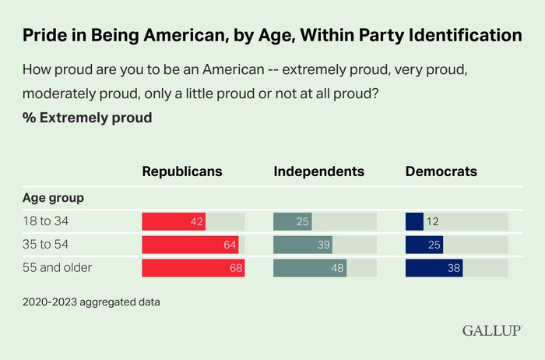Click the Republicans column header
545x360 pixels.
pos(182,171)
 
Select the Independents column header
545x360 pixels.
pos(319,171)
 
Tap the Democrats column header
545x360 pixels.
pos(441,171)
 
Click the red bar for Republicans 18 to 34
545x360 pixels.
pos(174,221)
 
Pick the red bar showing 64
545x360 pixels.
pos(190,245)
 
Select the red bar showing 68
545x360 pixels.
pos(193,269)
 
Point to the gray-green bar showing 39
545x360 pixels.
pos(303,245)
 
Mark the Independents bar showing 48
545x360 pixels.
pos(310,269)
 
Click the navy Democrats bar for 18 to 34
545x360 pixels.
pos(414,221)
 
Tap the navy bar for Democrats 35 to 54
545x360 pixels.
pos(424,245)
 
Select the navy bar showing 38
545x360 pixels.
pos(434,269)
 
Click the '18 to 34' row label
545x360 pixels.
pos(47,221)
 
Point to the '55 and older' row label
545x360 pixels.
pos(58,269)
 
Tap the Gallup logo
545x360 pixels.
pos(491,330)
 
